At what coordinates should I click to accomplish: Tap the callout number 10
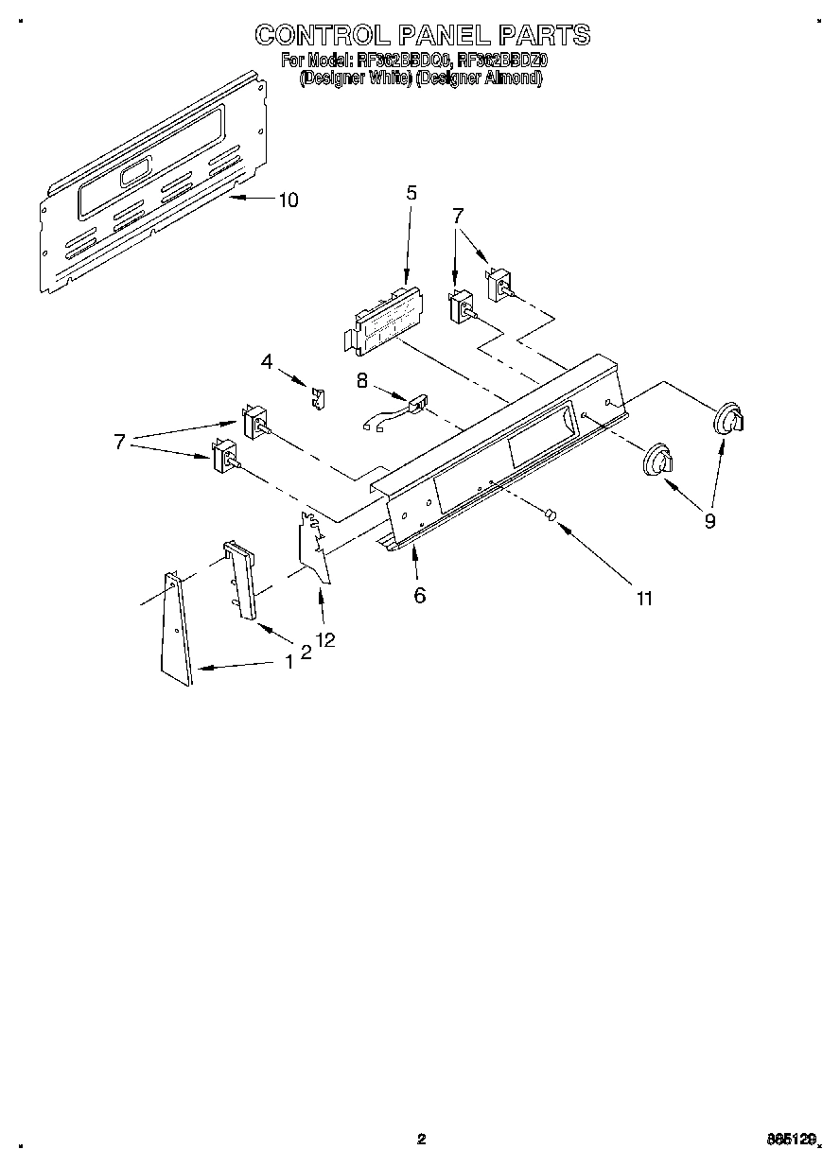point(288,200)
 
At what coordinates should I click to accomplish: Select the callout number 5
point(411,193)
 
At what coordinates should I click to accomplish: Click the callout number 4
point(267,361)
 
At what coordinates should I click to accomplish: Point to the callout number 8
point(361,380)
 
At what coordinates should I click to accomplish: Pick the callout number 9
point(709,519)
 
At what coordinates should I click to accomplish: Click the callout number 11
point(644,598)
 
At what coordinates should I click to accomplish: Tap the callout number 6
point(419,595)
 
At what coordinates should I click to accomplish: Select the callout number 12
point(325,640)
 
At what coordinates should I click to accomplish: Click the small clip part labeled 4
point(319,398)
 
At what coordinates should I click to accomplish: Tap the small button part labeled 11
point(551,514)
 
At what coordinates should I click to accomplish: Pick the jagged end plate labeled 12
point(315,548)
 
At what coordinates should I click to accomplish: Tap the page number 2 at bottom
point(422,1140)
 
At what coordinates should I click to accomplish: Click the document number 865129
point(790,1141)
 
